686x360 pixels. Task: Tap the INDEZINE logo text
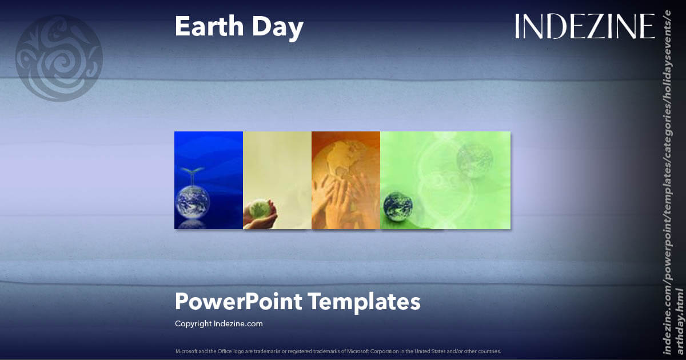pyautogui.click(x=584, y=26)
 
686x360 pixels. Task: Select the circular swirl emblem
pyautogui.click(x=59, y=58)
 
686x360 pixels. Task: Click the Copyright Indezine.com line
pyautogui.click(x=219, y=323)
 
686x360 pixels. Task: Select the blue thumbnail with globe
pyautogui.click(x=209, y=180)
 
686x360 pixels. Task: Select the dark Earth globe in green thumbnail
pyautogui.click(x=396, y=206)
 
